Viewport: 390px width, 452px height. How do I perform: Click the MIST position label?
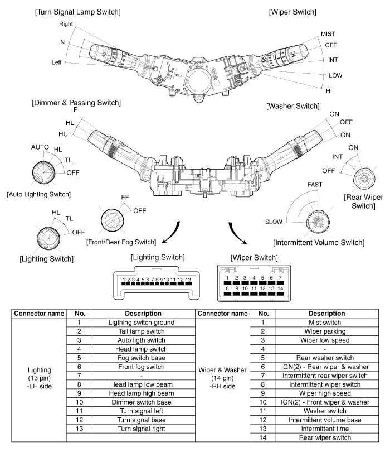coord(328,34)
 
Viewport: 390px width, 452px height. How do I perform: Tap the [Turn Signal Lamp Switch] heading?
coord(73,12)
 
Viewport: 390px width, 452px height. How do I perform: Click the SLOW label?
coord(275,221)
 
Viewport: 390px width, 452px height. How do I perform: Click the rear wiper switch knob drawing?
coord(364,179)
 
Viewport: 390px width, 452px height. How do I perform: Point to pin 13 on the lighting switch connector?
coord(188,280)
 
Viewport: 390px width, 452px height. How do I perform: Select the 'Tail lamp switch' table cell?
coord(143,332)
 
